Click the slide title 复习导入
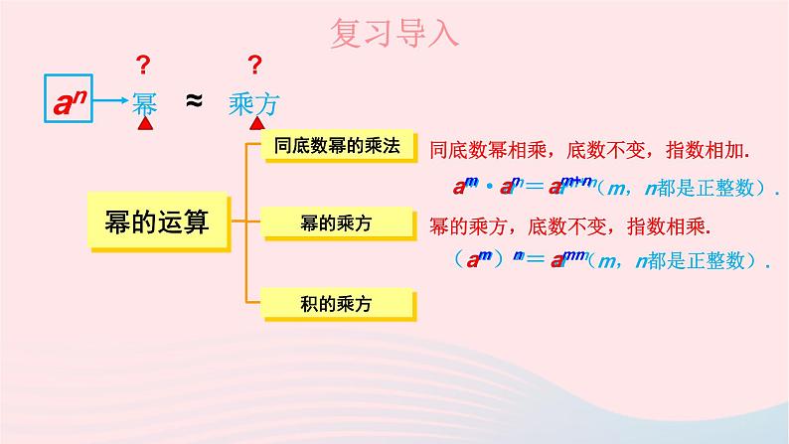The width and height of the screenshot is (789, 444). [x=394, y=34]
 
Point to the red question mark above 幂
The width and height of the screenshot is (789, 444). [x=143, y=66]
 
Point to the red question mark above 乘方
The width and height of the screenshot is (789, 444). [x=255, y=66]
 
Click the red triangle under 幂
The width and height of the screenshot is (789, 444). [x=145, y=125]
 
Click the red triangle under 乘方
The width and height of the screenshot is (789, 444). [x=257, y=125]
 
